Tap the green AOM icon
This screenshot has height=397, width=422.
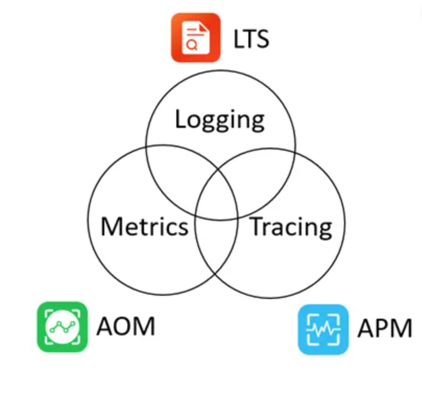click(62, 327)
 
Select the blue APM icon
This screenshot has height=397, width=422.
click(323, 329)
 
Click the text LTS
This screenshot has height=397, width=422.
click(250, 39)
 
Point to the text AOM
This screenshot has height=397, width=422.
click(126, 327)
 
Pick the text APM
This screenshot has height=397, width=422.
click(385, 329)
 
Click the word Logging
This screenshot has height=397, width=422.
click(220, 119)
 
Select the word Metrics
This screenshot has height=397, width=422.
click(144, 226)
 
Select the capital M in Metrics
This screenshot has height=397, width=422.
click(112, 226)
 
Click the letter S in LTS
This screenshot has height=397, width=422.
click(262, 39)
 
